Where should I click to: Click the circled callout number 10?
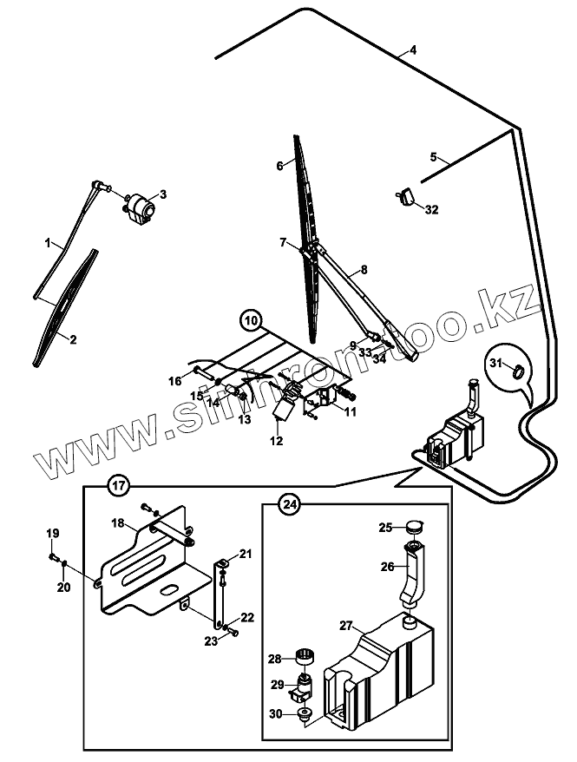pyautogui.click(x=251, y=321)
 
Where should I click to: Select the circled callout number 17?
pyautogui.click(x=118, y=485)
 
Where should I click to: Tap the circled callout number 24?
pyautogui.click(x=290, y=503)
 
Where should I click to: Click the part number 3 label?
pyautogui.click(x=161, y=194)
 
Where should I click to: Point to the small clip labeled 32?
pyautogui.click(x=406, y=199)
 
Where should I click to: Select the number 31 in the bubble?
pyautogui.click(x=496, y=362)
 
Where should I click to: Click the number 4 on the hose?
pyautogui.click(x=413, y=50)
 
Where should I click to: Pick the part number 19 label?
pyautogui.click(x=52, y=532)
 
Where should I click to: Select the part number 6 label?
pyautogui.click(x=279, y=165)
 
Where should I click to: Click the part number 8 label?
pyautogui.click(x=364, y=269)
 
